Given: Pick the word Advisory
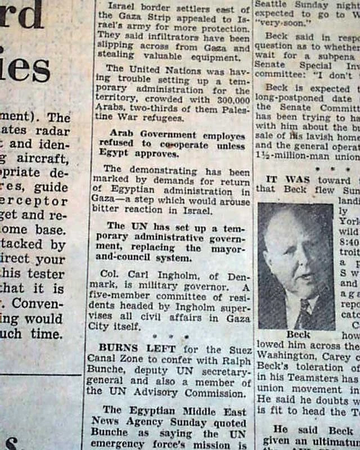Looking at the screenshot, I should click(x=154, y=393).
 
